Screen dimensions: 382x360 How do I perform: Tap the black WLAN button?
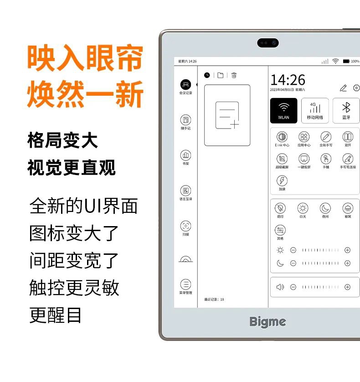coord(283,110)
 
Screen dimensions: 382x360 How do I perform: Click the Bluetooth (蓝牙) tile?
coord(346,110)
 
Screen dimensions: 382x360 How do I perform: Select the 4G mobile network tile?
coord(315,110)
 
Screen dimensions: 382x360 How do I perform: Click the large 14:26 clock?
coord(288,80)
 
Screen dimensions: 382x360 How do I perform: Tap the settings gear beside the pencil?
coord(356,88)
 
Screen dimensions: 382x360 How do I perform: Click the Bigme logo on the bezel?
coord(267,321)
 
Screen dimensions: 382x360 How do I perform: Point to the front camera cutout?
coord(268,42)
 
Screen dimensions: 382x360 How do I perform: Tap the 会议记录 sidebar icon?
coord(185,85)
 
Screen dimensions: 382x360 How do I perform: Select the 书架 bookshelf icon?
coord(185,155)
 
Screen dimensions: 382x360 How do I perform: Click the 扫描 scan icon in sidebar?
coord(185,226)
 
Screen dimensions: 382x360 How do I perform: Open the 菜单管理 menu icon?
coord(185,284)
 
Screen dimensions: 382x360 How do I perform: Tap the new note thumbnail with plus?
coord(227,115)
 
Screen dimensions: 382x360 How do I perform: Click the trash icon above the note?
coord(234,75)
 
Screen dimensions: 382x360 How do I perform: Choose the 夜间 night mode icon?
coord(325,208)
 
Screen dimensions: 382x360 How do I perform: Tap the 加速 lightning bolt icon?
coord(282,181)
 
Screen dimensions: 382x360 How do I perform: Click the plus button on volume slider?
coord(347,287)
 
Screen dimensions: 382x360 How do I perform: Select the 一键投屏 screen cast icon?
coord(303,159)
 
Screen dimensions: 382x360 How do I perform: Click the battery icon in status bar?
coord(346,61)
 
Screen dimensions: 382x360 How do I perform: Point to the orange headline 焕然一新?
coord(85,93)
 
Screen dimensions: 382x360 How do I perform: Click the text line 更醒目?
coord(56,315)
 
